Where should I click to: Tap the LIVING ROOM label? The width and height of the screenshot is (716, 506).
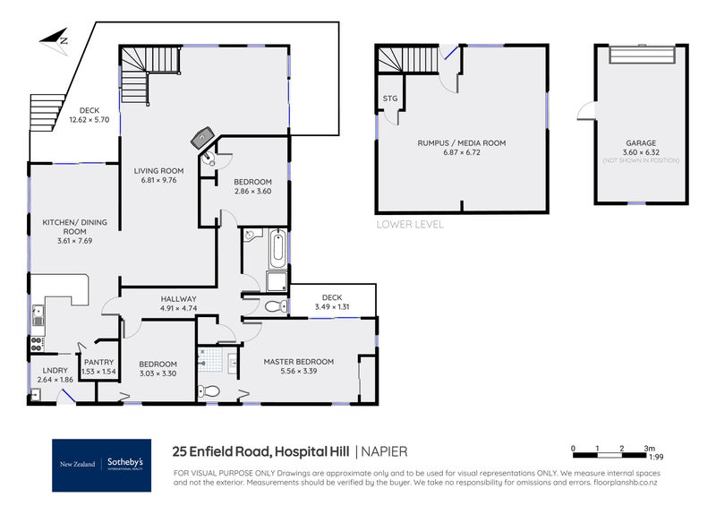159,170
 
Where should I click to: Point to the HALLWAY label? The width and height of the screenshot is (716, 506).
178,298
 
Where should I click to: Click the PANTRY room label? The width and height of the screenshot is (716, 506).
98,362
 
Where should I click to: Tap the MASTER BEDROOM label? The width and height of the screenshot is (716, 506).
298,362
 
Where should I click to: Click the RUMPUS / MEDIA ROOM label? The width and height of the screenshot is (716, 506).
461,142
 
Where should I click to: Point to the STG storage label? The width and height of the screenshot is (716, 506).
389,98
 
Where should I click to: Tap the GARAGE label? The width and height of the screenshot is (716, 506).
640,142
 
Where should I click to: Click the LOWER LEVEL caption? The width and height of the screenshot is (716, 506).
410,224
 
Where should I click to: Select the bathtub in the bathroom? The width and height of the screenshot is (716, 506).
277,247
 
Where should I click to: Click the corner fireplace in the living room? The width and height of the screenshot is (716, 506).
202,138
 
